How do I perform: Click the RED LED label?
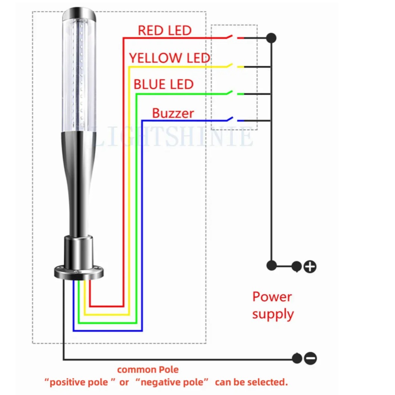pyautogui.click(x=165, y=31)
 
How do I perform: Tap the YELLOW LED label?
pyautogui.click(x=170, y=58)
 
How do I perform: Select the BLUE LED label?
pyautogui.click(x=163, y=84)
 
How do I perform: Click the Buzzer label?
pyautogui.click(x=173, y=113)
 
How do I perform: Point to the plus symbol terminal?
pyautogui.click(x=310, y=266)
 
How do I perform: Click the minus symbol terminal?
pyautogui.click(x=310, y=358)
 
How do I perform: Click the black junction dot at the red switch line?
pyautogui.click(x=271, y=38)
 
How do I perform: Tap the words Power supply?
pyautogui.click(x=273, y=306)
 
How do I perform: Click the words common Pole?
pyautogui.click(x=148, y=370)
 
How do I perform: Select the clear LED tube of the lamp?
pyautogui.click(x=78, y=75)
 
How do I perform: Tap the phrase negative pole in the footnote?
pyautogui.click(x=172, y=382)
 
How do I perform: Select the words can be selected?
pyautogui.click(x=251, y=382)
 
